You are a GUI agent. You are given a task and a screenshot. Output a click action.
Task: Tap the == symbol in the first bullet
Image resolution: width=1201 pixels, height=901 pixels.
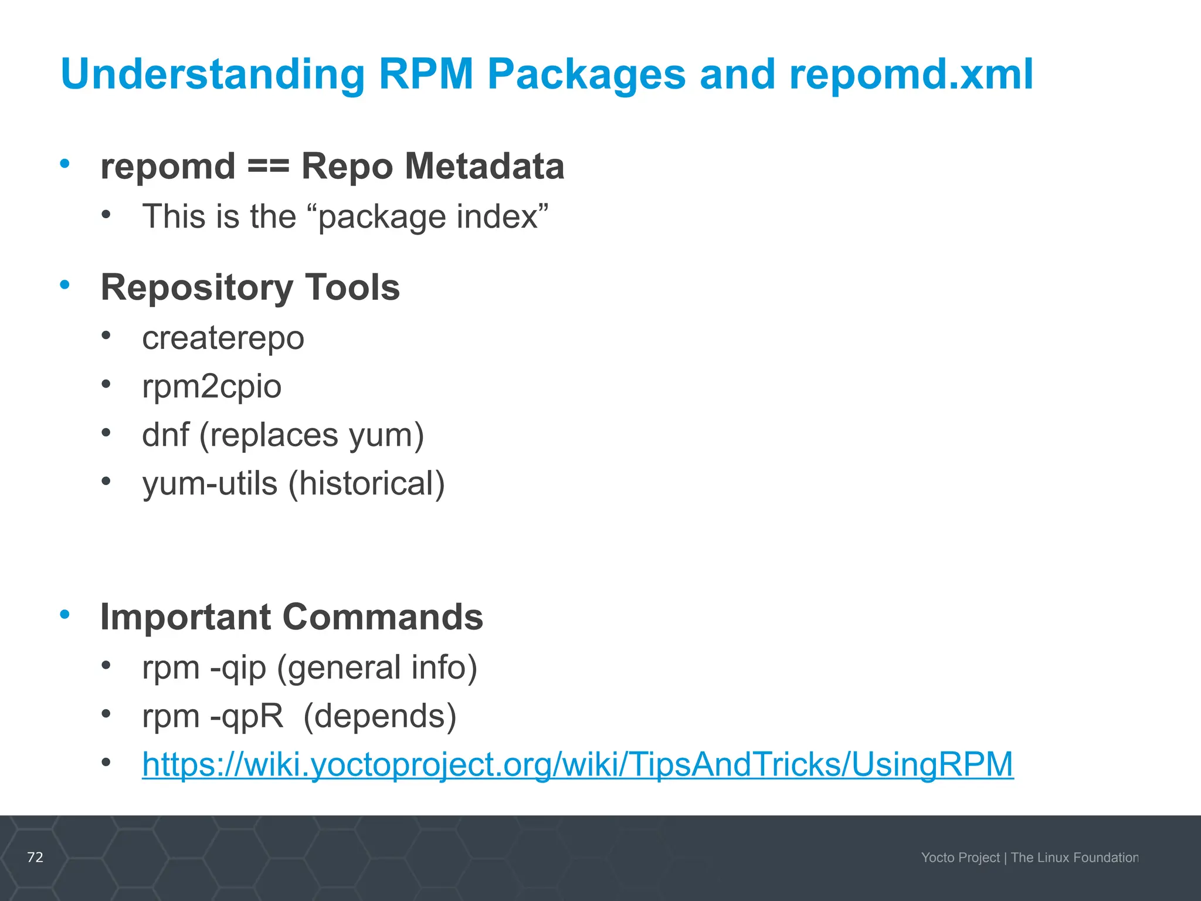(x=268, y=166)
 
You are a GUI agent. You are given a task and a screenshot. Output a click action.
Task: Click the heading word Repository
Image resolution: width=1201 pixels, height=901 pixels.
(x=196, y=288)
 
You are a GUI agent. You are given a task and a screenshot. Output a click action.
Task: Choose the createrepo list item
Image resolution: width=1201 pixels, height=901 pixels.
(x=223, y=338)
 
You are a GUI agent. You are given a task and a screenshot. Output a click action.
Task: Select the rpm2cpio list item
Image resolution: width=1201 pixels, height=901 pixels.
(x=212, y=387)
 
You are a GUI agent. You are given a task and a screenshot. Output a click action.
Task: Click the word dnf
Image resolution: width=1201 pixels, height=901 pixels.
(x=165, y=435)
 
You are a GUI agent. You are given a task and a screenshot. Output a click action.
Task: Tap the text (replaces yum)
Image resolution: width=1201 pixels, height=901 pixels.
(x=311, y=436)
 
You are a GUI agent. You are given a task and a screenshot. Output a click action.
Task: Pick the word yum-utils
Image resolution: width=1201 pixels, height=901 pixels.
(x=209, y=484)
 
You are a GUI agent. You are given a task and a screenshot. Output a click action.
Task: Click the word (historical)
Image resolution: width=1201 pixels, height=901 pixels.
(x=367, y=484)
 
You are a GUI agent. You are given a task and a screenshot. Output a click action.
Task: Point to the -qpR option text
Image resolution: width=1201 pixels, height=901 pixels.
(x=246, y=717)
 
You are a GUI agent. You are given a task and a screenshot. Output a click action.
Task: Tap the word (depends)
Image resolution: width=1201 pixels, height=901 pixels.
(x=380, y=717)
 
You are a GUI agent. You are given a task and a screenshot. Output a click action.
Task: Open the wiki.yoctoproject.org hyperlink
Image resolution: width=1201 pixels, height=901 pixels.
(x=578, y=765)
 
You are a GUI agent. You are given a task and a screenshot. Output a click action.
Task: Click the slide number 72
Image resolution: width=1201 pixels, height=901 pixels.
(x=35, y=857)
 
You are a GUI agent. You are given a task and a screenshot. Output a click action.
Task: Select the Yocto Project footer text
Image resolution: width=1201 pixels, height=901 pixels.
(x=960, y=858)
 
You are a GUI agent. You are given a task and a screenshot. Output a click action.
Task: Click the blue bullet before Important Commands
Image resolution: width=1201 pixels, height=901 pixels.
(x=65, y=615)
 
